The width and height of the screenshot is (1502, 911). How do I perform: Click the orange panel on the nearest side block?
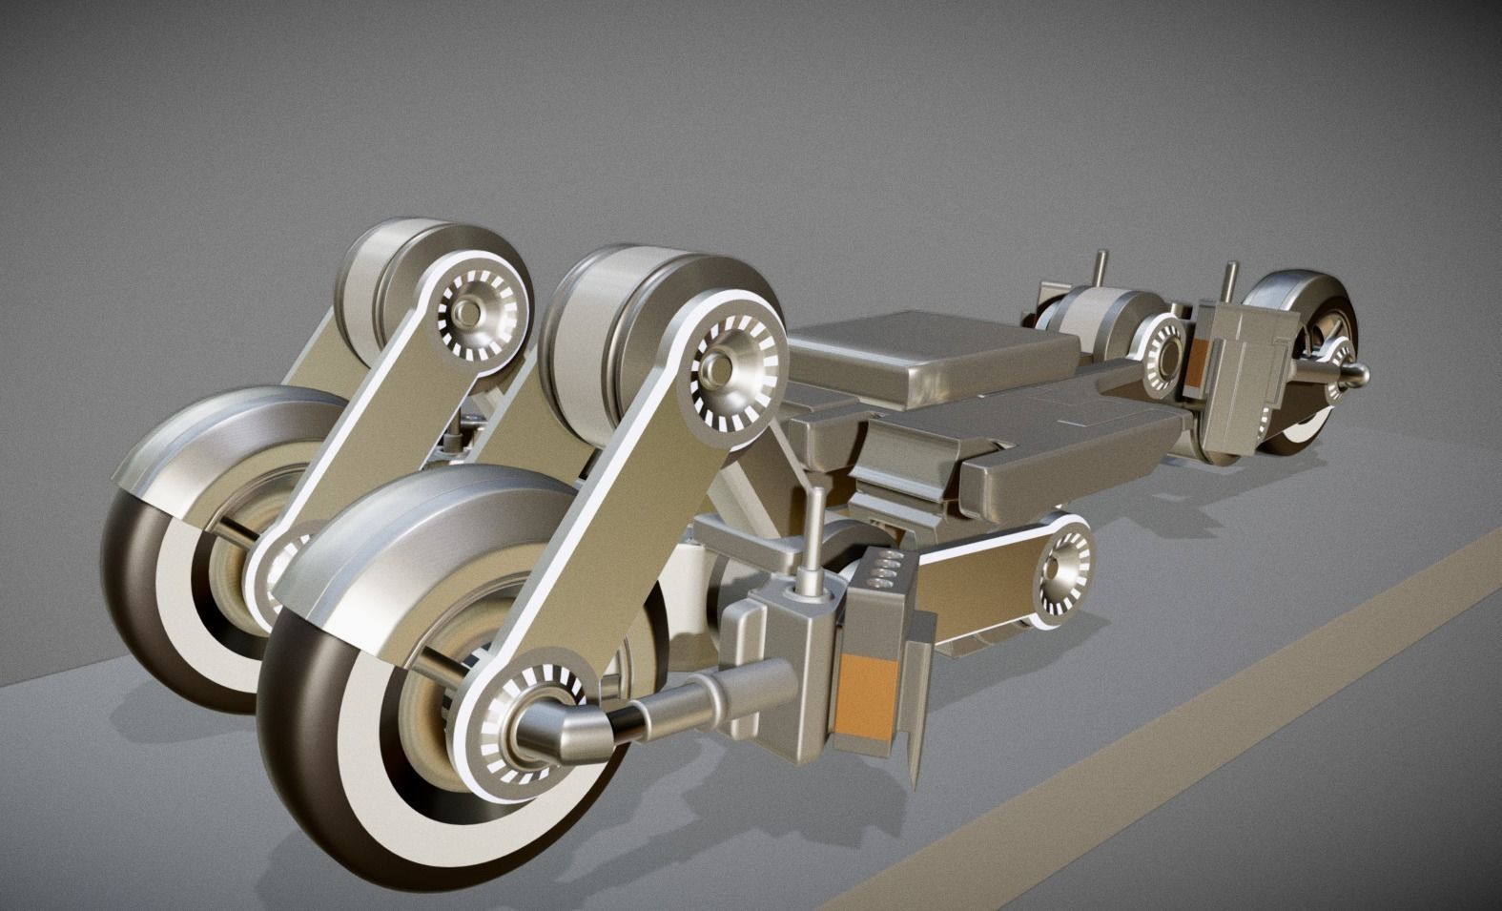(865, 694)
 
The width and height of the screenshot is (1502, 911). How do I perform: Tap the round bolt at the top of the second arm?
(468, 312)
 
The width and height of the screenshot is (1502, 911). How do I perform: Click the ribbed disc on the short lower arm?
(1060, 569)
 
